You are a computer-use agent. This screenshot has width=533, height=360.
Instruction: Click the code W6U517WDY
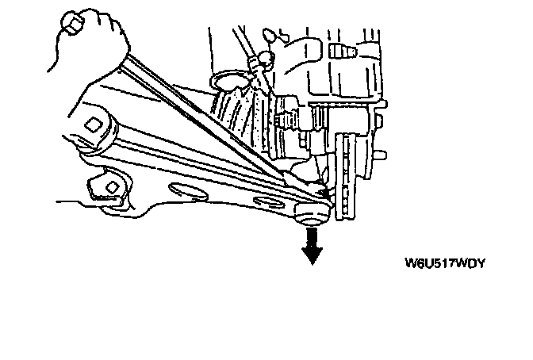444,262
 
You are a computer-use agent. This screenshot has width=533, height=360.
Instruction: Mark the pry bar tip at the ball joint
321,190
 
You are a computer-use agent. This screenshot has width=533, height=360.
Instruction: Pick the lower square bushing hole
111,186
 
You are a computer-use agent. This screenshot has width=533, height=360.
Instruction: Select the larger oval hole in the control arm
188,190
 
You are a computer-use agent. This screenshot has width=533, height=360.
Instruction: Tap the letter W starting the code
411,262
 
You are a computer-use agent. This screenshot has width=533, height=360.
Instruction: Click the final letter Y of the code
479,262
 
